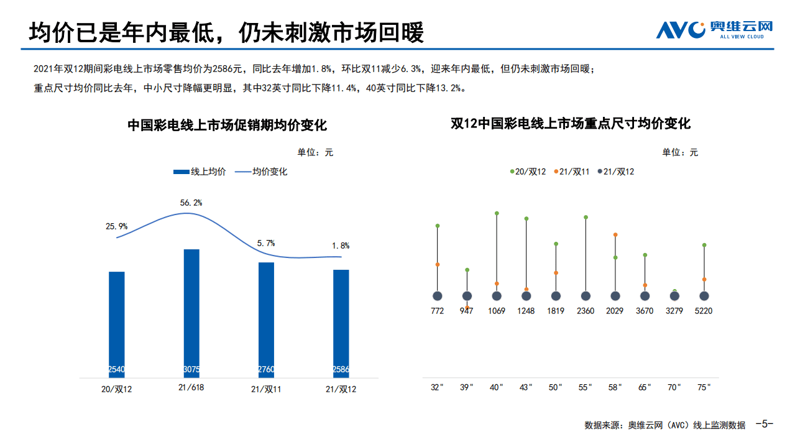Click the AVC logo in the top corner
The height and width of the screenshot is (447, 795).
[x=714, y=29]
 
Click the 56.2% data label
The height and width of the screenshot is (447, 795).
[x=191, y=203]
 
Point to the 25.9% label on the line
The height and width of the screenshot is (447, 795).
[x=116, y=226]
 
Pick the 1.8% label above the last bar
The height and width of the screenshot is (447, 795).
[x=341, y=246]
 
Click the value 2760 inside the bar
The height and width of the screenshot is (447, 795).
[x=266, y=369]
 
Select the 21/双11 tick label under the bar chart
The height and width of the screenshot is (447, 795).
[x=266, y=389]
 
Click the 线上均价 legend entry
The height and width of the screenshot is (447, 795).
[x=200, y=172]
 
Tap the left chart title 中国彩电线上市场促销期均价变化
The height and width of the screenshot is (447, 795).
[x=227, y=125]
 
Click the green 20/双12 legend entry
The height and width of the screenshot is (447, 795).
[x=528, y=172]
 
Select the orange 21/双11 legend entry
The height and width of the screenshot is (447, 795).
[x=571, y=172]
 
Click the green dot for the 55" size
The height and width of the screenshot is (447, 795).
[x=586, y=218]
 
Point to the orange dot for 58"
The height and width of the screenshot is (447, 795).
[x=615, y=235]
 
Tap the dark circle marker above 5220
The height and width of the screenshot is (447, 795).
[x=704, y=296]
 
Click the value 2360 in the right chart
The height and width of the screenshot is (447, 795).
[x=586, y=311]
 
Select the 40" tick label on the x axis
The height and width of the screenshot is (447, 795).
[x=496, y=387]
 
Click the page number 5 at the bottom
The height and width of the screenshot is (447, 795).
[x=764, y=425]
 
